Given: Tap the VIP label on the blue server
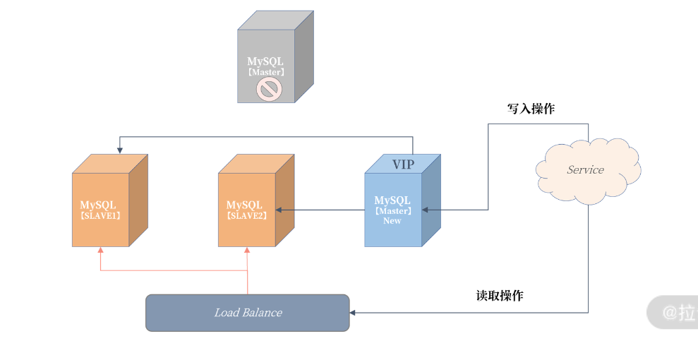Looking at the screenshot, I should click(x=403, y=164).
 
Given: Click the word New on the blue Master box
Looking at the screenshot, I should click(x=392, y=221).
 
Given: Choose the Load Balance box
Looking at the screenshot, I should click(x=247, y=313).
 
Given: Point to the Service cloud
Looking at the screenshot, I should click(x=586, y=169).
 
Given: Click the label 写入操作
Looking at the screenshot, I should click(x=531, y=109).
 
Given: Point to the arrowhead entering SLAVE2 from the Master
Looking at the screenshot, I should click(x=279, y=210).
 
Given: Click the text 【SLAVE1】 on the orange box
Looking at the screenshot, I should click(x=100, y=215).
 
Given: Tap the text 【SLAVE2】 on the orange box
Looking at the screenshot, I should click(x=246, y=215).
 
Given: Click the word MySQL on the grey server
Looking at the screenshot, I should click(x=265, y=61).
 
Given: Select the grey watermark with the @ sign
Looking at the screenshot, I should click(x=674, y=313).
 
